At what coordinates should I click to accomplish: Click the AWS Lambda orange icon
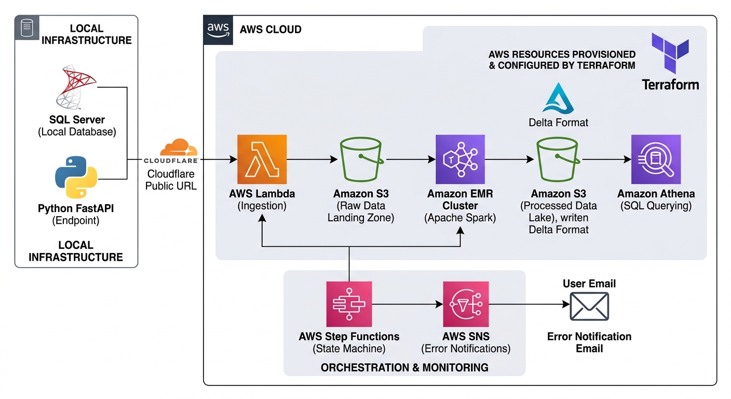[262, 159]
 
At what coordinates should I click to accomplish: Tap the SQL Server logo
[76, 87]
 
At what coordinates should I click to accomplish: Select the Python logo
[76, 177]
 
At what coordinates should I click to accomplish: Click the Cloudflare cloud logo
[179, 147]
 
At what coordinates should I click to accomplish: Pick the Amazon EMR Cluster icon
[460, 159]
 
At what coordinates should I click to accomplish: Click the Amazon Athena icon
[656, 159]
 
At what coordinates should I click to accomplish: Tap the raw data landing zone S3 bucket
[361, 159]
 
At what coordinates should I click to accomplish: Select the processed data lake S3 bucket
[558, 159]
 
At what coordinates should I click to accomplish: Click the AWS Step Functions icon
[349, 304]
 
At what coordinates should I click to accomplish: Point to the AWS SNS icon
[466, 304]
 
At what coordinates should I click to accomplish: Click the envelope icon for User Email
[589, 307]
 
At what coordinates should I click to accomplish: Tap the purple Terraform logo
[670, 53]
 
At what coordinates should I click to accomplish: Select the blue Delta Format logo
[558, 98]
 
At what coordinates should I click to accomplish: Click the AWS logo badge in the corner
[218, 30]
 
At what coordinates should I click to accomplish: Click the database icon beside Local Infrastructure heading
[27, 28]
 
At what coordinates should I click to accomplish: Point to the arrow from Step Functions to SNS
[407, 304]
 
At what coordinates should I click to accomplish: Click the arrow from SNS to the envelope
[530, 304]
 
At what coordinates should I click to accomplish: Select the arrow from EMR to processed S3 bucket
[509, 159]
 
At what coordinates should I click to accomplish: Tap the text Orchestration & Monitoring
[404, 368]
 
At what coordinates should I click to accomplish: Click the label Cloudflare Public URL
[171, 180]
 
